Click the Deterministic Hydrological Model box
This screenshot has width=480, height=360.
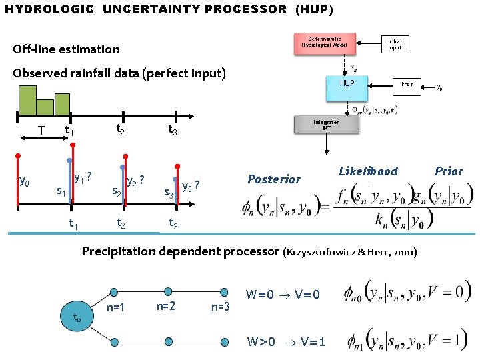(x=324, y=43)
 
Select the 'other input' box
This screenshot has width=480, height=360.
(x=395, y=45)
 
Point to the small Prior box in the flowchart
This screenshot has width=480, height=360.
(x=407, y=85)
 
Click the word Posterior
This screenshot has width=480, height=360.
(x=274, y=179)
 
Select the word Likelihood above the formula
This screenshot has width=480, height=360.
(x=368, y=171)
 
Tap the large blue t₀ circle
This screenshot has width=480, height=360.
(x=78, y=318)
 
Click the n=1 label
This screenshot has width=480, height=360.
(x=117, y=308)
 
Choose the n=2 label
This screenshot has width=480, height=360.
(x=166, y=307)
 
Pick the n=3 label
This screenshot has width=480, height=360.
(x=220, y=307)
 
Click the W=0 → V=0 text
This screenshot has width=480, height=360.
(x=283, y=295)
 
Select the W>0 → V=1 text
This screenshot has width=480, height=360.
(x=287, y=342)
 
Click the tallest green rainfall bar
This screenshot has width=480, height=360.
(x=28, y=101)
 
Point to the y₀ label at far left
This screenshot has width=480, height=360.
(x=24, y=180)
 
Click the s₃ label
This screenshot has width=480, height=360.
(x=169, y=194)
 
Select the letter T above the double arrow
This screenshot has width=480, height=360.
(x=41, y=131)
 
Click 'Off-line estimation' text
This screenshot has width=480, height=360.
(x=67, y=49)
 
